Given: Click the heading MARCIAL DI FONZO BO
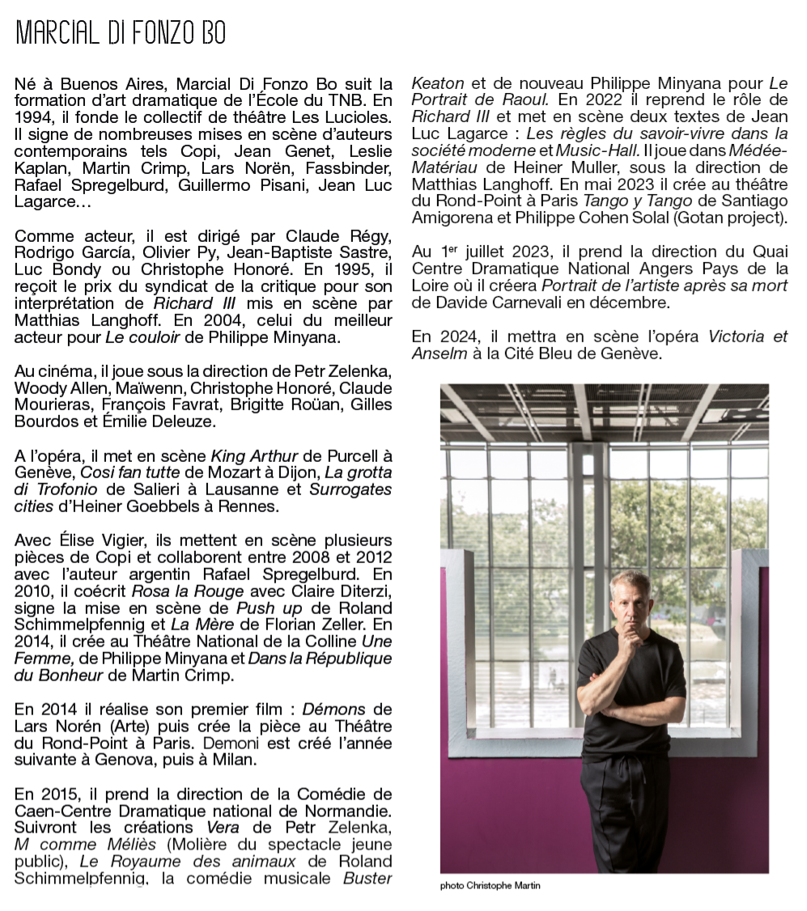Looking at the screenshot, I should [121, 33].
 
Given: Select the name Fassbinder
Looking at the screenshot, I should [351, 168].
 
